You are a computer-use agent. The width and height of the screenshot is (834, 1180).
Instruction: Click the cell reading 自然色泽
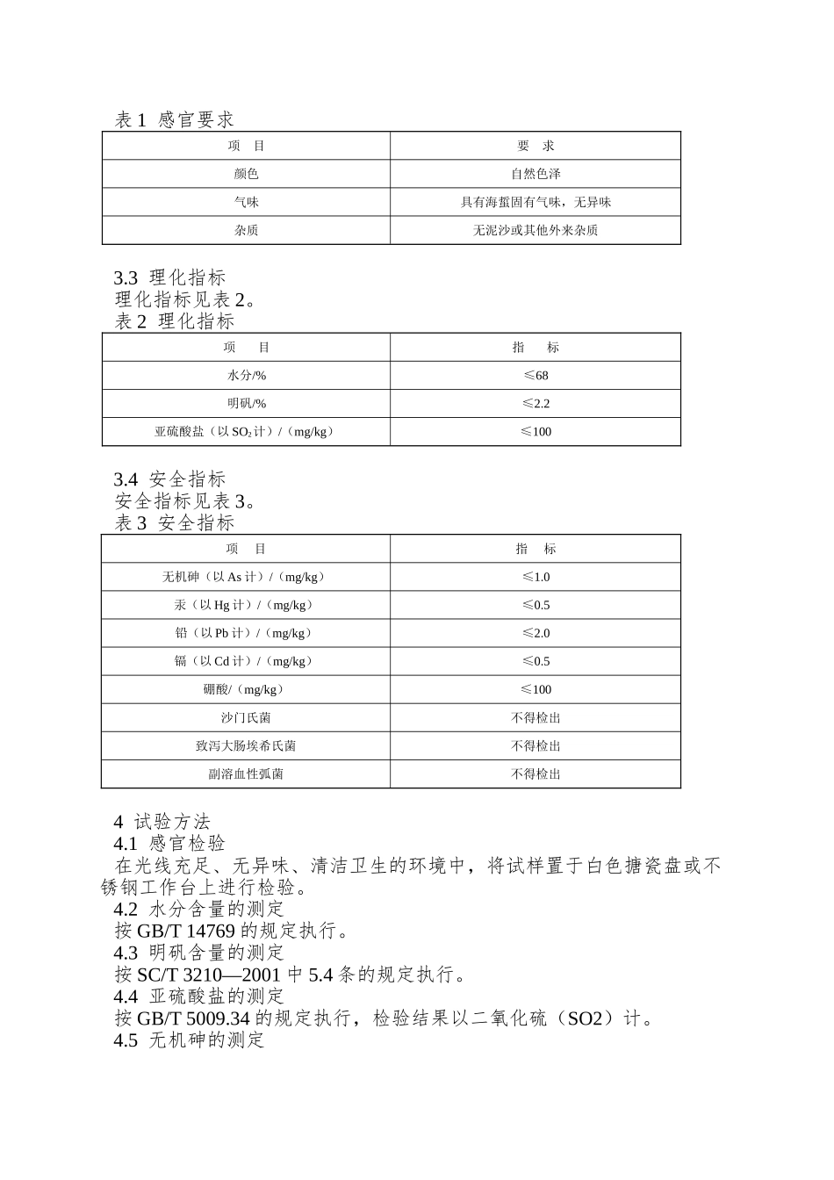(x=535, y=174)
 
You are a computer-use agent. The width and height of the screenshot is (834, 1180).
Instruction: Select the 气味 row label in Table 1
(x=246, y=202)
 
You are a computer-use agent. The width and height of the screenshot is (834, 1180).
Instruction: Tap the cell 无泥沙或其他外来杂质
(x=535, y=230)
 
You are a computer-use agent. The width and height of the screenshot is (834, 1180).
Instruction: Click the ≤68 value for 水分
(x=535, y=375)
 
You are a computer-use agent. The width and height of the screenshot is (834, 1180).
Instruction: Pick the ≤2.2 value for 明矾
(x=535, y=403)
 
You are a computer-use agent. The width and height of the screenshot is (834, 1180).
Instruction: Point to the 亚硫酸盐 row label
(x=246, y=431)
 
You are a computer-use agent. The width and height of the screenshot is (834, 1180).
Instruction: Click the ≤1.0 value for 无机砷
(x=535, y=577)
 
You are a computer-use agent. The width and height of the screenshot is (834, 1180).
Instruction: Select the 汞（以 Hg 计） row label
(x=246, y=605)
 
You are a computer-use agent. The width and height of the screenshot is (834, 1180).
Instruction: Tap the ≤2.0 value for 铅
(x=535, y=633)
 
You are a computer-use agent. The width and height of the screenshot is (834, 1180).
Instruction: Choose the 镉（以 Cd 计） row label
(x=246, y=661)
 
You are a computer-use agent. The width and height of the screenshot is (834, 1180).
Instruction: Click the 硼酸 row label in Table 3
(x=246, y=689)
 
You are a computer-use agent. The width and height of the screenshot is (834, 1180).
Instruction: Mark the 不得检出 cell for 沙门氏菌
(x=535, y=717)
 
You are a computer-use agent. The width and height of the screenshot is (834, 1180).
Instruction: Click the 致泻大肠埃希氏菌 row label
(x=246, y=745)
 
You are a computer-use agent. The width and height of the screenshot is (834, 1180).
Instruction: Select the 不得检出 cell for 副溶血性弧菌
(x=535, y=773)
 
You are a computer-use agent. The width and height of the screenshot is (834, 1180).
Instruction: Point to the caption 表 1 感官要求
(x=174, y=119)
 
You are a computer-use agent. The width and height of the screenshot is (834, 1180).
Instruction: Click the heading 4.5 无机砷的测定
(x=189, y=1040)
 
